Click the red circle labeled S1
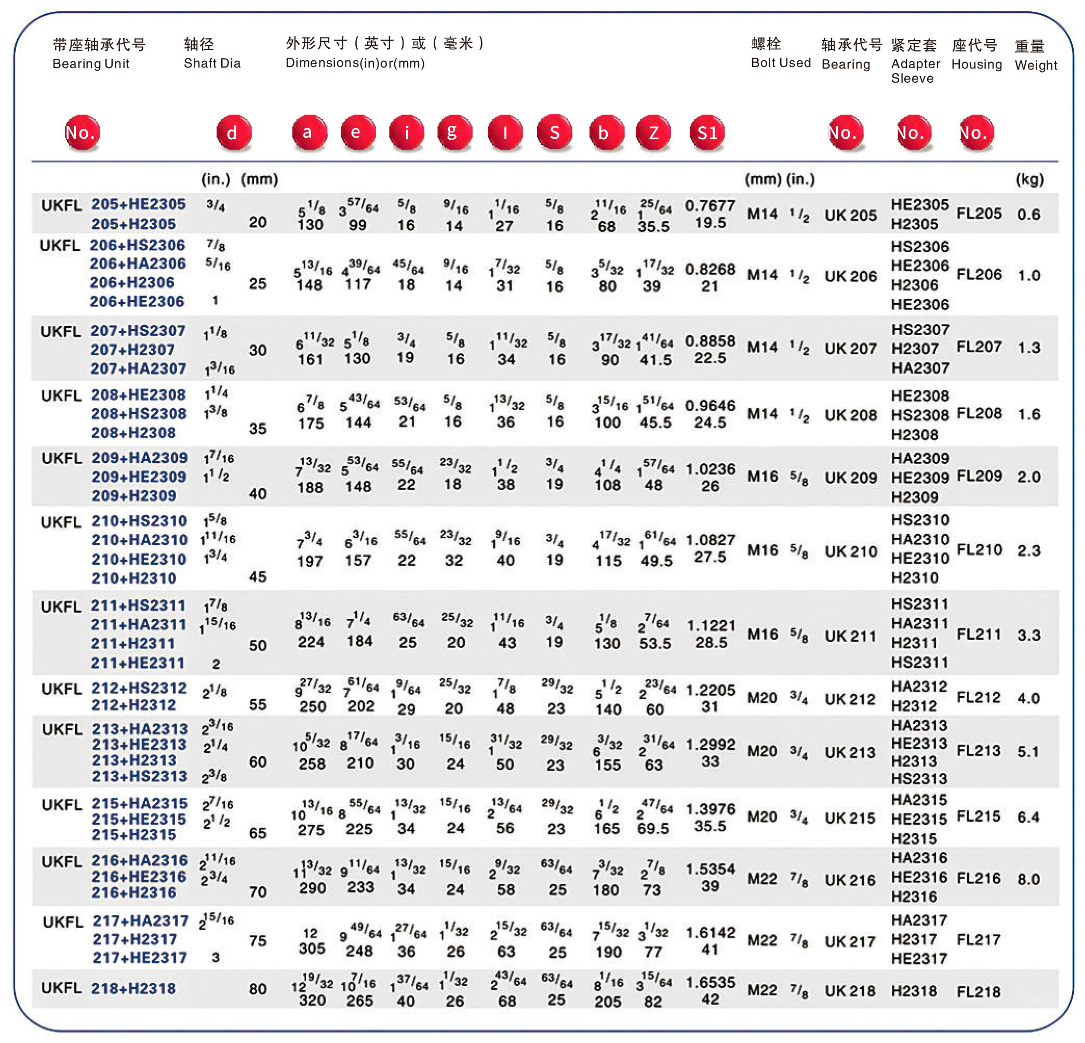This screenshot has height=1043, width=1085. (x=707, y=133)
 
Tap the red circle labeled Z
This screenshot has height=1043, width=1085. (x=653, y=133)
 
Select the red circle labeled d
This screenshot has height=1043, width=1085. (x=233, y=133)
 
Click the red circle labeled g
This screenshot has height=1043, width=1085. (x=454, y=133)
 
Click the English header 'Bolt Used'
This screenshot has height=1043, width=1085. (x=781, y=62)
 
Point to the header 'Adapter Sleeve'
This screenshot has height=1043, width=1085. (x=915, y=71)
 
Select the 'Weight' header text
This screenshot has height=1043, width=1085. (x=1036, y=65)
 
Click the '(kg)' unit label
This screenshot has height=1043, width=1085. (x=1029, y=179)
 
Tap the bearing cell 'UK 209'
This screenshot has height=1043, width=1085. (x=850, y=478)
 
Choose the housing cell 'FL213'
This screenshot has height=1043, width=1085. (x=978, y=750)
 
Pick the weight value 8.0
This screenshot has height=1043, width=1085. (x=1028, y=879)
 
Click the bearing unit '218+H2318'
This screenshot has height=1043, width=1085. (x=133, y=989)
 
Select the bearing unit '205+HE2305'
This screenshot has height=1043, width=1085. (x=138, y=204)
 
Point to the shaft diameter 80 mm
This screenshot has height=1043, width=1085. (x=258, y=989)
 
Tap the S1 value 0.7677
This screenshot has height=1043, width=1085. (x=710, y=205)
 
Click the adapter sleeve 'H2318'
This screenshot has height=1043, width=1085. (x=914, y=991)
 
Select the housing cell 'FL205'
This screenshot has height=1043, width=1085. (x=979, y=213)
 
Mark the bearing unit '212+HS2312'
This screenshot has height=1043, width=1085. (x=139, y=688)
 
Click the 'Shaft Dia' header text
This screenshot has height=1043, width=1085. (x=212, y=63)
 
